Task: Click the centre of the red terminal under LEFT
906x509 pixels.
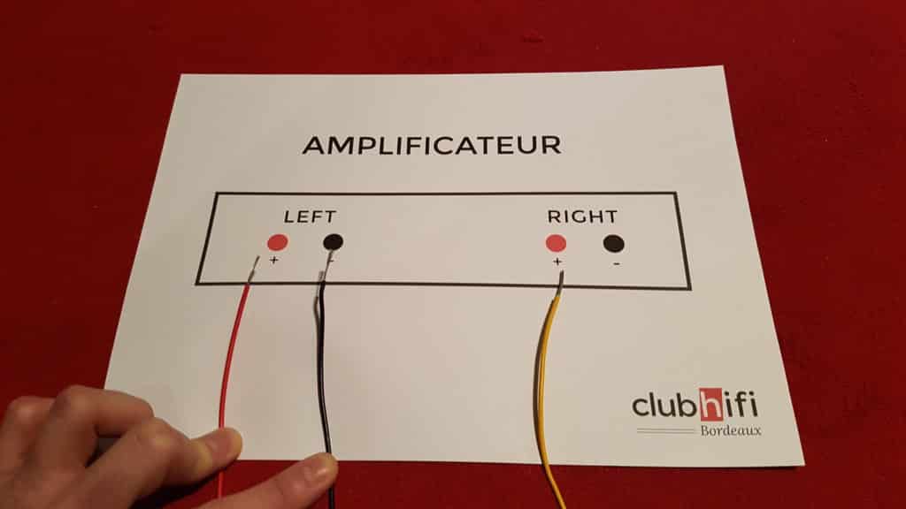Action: (277, 242)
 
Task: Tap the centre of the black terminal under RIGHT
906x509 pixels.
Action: (614, 244)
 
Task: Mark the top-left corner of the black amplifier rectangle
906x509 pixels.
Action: (216, 194)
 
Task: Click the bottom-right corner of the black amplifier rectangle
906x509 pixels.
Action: (690, 288)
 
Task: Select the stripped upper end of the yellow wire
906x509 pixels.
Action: (560, 282)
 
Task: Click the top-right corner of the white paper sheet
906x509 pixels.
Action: (723, 67)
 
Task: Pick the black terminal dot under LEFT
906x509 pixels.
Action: (333, 242)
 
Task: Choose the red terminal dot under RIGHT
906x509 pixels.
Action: (556, 243)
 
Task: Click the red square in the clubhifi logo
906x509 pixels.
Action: (712, 405)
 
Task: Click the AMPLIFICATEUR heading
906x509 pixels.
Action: (432, 146)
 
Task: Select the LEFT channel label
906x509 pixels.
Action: (310, 217)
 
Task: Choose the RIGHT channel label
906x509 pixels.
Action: (582, 217)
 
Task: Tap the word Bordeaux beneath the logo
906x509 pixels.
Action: (730, 430)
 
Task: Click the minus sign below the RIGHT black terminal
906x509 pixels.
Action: (617, 263)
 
